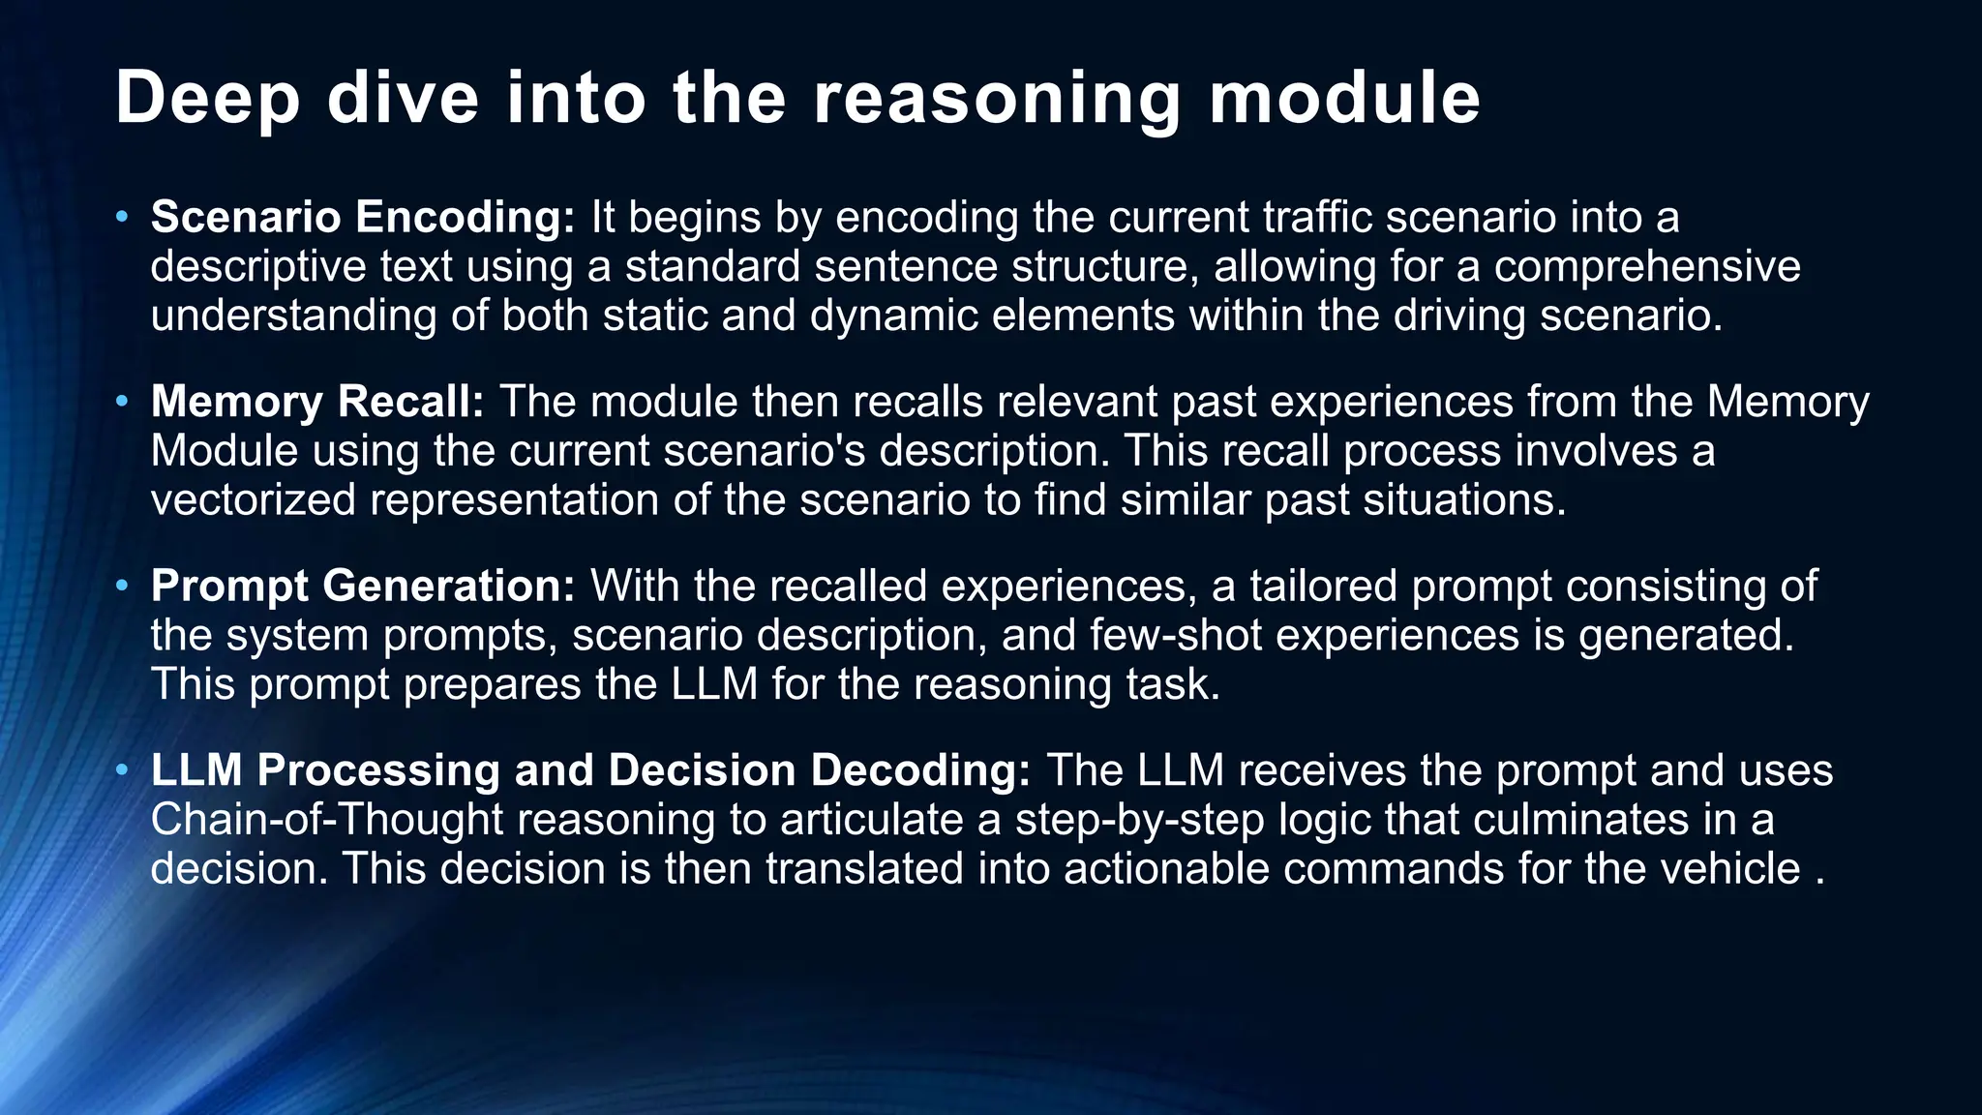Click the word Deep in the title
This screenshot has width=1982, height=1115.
(207, 99)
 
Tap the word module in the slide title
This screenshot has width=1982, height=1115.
(1344, 99)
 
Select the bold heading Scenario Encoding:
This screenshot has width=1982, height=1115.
(363, 217)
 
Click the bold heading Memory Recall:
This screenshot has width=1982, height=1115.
(317, 402)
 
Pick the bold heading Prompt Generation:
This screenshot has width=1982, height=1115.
(363, 587)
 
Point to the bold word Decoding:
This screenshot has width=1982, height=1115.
(919, 770)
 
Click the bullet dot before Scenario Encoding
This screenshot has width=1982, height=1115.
(121, 216)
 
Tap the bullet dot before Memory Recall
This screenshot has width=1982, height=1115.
(121, 401)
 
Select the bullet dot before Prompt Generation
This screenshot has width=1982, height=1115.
(121, 586)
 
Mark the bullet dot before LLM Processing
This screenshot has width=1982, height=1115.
(121, 770)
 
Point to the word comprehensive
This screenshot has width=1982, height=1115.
(1646, 266)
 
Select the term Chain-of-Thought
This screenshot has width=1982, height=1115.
(326, 820)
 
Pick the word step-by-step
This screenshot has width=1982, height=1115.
(1139, 820)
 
